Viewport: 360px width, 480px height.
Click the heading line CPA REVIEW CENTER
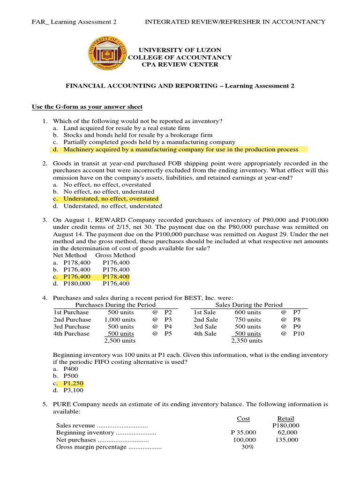pyautogui.click(x=180, y=65)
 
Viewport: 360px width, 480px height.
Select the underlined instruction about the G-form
pyautogui.click(x=87, y=107)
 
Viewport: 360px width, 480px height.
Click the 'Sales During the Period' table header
pyautogui.click(x=248, y=305)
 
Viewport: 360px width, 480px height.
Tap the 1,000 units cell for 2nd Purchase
pyautogui.click(x=120, y=319)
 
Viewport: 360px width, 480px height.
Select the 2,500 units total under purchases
pyautogui.click(x=120, y=341)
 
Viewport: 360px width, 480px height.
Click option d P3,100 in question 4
pyautogui.click(x=73, y=390)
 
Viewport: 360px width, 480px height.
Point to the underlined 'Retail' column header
pyautogui.click(x=286, y=419)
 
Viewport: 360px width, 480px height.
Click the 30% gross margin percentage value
pyautogui.click(x=247, y=447)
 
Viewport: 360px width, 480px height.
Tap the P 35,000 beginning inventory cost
pyautogui.click(x=243, y=433)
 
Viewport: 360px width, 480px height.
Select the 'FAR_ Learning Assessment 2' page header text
pyautogui.click(x=74, y=22)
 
